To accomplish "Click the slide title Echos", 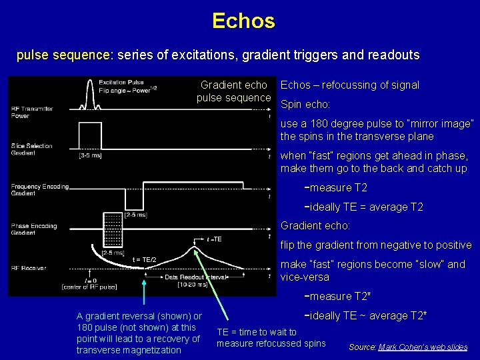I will pos(243,21).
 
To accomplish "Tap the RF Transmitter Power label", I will pos(31,112).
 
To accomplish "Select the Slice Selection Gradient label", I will pos(31,149).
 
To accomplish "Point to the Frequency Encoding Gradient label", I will pos(39,190).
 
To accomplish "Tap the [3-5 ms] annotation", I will pos(90,156).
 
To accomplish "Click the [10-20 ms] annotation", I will pos(191,284).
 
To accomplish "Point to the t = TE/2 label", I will pos(144,259).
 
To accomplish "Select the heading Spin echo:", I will pos(305,105).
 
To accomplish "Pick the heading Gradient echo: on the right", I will pos(315,225).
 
